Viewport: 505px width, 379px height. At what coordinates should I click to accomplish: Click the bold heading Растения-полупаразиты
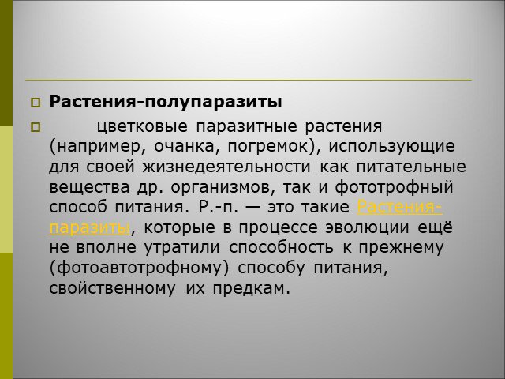coord(166,102)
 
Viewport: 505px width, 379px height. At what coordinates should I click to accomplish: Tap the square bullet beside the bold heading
coord(36,103)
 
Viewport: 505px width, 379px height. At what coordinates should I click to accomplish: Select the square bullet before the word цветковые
coord(36,128)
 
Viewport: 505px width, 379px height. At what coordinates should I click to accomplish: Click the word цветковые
coord(142,126)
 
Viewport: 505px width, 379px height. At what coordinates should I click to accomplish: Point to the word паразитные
coord(246,127)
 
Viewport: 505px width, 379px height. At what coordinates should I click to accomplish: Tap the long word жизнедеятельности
coord(226,167)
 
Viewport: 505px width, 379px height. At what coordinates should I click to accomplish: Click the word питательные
coord(411,167)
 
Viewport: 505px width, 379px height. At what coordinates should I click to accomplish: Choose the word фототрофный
coord(394,188)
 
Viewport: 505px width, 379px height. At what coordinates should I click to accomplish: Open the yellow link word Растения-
coord(400,207)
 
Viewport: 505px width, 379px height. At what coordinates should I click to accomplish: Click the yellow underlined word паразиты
coord(90,228)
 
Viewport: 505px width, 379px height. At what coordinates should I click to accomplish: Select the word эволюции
coord(367,228)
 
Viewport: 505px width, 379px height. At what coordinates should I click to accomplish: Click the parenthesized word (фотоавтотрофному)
coord(140,268)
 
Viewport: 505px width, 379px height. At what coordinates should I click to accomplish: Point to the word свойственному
coord(113,287)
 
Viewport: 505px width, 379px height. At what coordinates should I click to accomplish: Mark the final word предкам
coord(252,288)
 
